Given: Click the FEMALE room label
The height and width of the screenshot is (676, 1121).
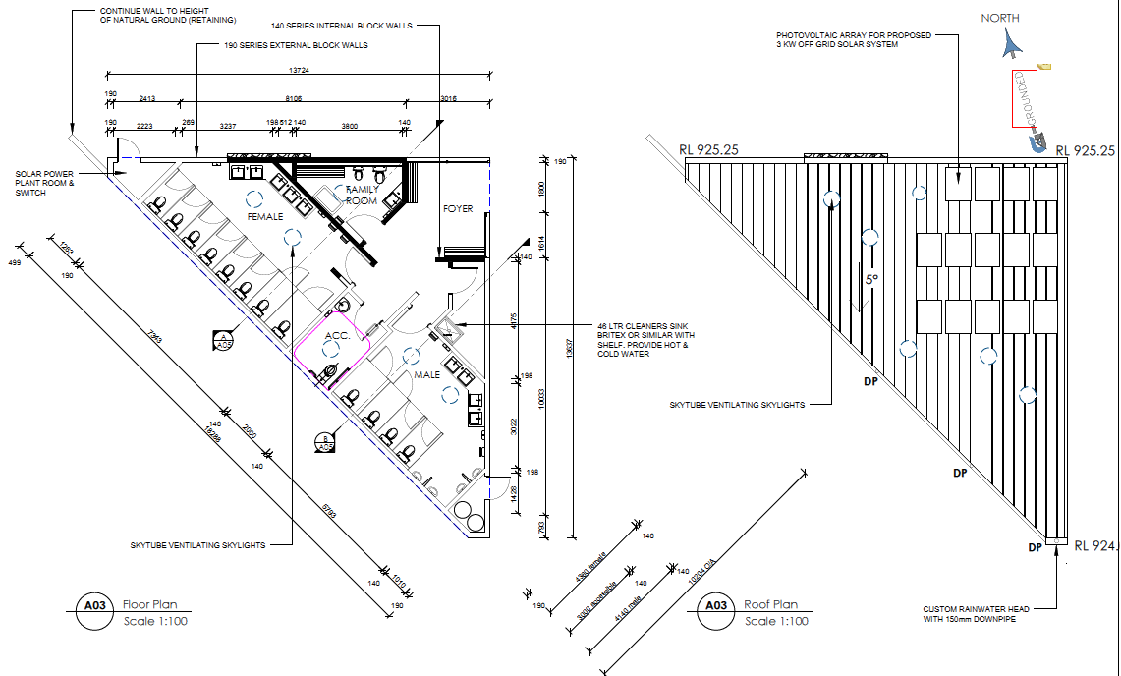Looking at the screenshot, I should tap(264, 216).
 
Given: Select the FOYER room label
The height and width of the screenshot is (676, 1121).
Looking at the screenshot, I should tap(458, 209).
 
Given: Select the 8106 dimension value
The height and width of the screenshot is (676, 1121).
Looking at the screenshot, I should tap(293, 98).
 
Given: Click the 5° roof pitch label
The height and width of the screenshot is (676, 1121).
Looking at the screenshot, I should tap(870, 279).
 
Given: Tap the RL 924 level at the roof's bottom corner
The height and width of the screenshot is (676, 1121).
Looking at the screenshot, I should tap(1095, 545).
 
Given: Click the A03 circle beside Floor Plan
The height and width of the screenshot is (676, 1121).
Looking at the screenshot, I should tap(95, 606).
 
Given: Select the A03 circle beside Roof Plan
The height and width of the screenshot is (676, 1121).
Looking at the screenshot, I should tap(716, 606).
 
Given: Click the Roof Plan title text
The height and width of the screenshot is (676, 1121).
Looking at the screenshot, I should tap(771, 604).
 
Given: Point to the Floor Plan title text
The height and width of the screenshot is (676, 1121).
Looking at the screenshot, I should tap(150, 604).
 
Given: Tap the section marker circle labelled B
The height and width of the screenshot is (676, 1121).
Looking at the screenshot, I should tap(325, 443).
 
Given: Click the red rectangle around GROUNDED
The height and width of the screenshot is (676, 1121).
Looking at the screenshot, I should tap(1025, 98).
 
